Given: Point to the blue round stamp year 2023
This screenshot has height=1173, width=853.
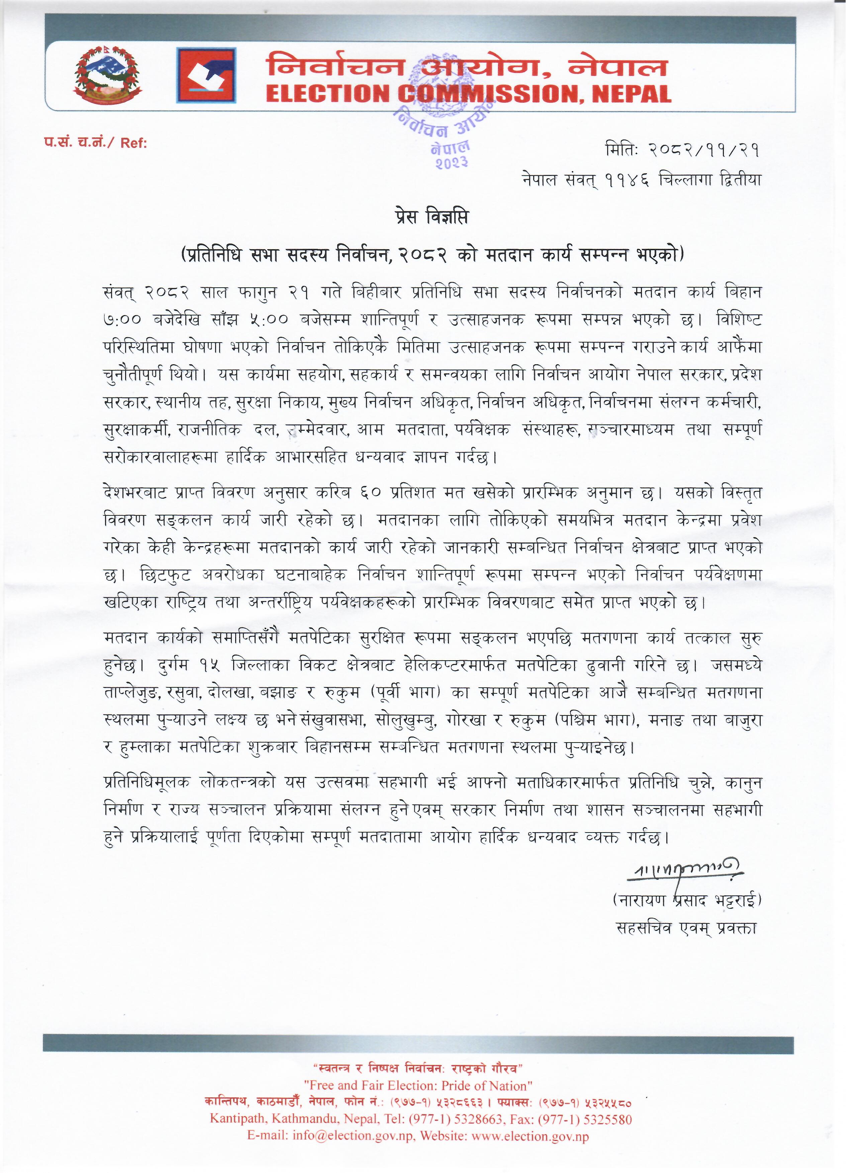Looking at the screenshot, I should tap(451, 162).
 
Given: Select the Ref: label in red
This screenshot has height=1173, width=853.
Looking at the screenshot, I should tap(134, 143).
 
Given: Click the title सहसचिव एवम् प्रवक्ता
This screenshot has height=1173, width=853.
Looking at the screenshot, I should tap(686, 928).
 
